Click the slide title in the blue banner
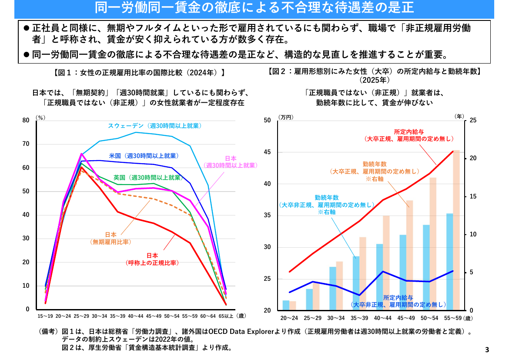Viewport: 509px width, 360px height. point(254,8)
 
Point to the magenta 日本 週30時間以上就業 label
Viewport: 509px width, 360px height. point(231,162)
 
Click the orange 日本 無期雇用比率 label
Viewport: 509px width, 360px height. point(111,238)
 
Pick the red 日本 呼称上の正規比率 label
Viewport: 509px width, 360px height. point(152,259)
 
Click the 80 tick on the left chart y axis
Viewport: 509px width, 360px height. point(26,120)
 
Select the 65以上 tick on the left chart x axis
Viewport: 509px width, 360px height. point(226,316)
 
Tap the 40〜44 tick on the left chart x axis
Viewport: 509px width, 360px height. point(135,316)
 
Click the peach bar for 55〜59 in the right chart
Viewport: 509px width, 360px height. point(456,230)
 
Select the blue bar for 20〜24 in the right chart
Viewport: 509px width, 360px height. point(286,305)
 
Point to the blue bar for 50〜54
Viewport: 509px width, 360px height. point(426,267)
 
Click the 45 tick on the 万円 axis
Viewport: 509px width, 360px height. point(267,152)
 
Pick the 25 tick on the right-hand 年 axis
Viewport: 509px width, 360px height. point(473,120)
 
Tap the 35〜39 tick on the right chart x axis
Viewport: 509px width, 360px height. point(359,318)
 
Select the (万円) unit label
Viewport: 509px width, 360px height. point(286,117)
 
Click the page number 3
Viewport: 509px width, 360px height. point(487,350)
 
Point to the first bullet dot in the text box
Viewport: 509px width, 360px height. point(27,28)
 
